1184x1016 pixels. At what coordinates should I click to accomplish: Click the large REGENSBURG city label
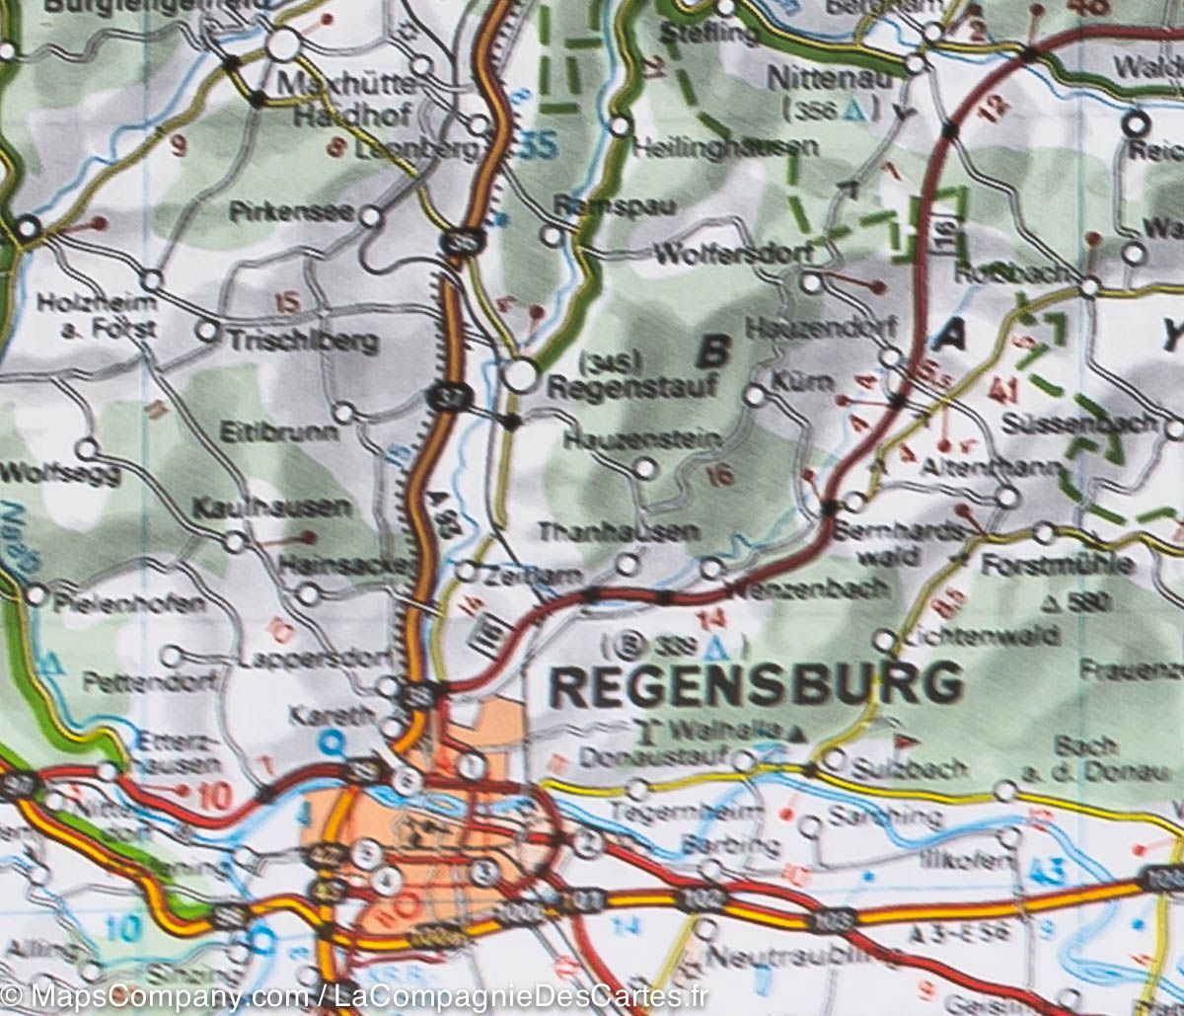[x=756, y=685]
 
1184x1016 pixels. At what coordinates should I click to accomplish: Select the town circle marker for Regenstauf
[x=521, y=374]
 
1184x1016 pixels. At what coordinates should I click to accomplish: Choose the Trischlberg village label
[x=303, y=342]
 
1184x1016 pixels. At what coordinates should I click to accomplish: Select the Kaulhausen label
[x=271, y=508]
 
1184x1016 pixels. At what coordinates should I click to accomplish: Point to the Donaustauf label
[x=653, y=758]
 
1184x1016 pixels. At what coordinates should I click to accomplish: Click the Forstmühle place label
[x=1057, y=567]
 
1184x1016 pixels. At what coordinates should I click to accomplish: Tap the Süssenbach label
[x=1077, y=424]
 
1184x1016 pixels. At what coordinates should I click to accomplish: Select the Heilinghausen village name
[x=726, y=148]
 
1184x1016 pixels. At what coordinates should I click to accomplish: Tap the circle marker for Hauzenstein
[x=644, y=469]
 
